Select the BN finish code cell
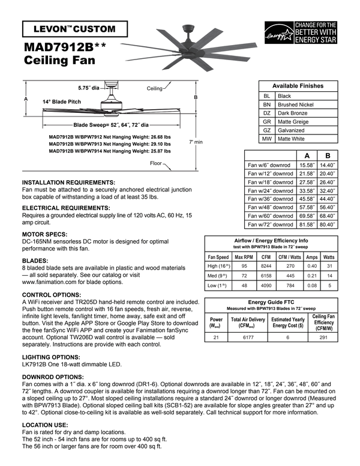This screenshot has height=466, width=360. [267, 104]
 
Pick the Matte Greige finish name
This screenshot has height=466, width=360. [295, 121]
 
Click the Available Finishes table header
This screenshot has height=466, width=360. [298, 86]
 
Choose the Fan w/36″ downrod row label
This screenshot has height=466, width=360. [270, 199]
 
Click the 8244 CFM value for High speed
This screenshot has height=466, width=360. [265, 266]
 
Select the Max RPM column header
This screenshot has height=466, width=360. [244, 257]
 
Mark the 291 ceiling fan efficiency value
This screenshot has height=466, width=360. [323, 338]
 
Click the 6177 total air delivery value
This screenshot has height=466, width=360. [248, 338]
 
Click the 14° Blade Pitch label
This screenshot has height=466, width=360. [62, 102]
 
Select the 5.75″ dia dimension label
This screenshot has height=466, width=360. [88, 88]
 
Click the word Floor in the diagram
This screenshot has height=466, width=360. [155, 163]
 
